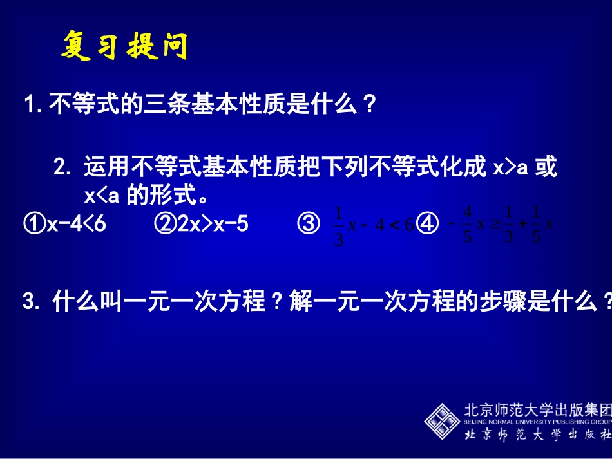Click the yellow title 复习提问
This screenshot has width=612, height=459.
tap(124, 46)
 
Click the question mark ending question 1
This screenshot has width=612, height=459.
tap(369, 104)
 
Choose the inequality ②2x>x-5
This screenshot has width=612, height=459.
tap(201, 224)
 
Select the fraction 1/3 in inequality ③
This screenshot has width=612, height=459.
tap(339, 225)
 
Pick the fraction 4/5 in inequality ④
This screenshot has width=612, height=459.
tap(468, 225)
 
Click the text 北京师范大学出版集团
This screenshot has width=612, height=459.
tap(537, 410)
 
